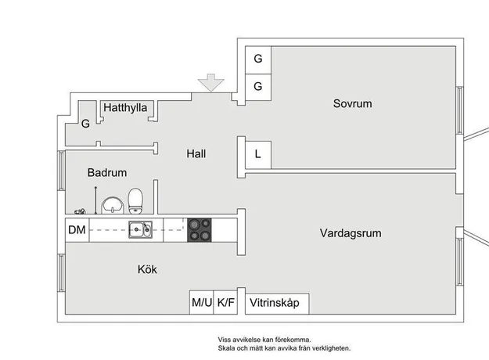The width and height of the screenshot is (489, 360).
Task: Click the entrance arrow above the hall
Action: (210, 83)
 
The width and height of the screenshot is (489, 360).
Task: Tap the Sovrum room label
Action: (352, 103)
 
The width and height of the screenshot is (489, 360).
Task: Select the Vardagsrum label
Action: (351, 233)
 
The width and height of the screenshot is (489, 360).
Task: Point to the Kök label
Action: (147, 269)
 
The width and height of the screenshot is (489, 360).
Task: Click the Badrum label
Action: (107, 172)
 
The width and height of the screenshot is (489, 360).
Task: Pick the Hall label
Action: (196, 153)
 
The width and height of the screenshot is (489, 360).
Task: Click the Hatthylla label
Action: (125, 108)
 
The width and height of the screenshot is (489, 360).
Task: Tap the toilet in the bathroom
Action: (135, 201)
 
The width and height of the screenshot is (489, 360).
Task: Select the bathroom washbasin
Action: (112, 205)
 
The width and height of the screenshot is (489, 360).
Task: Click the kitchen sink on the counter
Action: (141, 229)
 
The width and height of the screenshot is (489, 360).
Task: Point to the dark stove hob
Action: (200, 230)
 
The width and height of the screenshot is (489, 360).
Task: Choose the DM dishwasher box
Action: (77, 230)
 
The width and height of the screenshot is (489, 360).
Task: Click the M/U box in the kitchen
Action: (201, 302)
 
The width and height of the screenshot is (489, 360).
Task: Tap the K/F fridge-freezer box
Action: (225, 302)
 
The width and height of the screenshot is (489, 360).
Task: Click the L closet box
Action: (258, 155)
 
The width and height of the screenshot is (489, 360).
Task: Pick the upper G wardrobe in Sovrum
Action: (258, 60)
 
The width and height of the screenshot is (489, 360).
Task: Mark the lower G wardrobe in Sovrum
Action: (258, 88)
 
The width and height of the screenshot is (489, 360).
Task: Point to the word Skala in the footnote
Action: (226, 348)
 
